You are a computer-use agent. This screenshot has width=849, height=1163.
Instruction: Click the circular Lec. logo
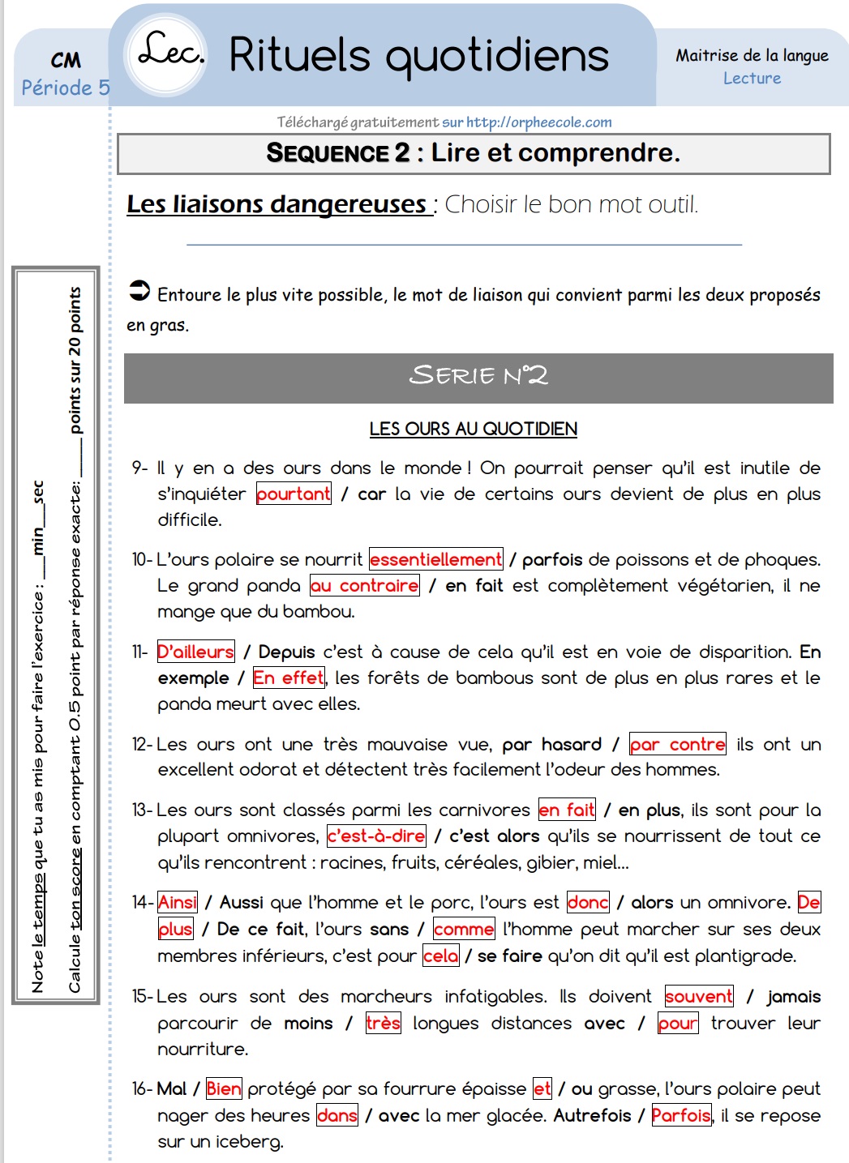pyautogui.click(x=168, y=53)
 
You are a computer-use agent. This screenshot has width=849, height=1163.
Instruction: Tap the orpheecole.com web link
pyautogui.click(x=538, y=122)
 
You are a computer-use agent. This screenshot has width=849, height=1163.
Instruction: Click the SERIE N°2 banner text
pyautogui.click(x=478, y=375)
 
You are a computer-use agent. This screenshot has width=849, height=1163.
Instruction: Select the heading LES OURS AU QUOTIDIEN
pyautogui.click(x=473, y=429)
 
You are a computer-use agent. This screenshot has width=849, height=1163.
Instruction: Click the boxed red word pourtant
pyautogui.click(x=294, y=494)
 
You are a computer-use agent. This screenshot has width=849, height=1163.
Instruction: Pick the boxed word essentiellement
pyautogui.click(x=436, y=559)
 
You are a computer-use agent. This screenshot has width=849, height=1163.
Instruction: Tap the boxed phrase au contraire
pyautogui.click(x=365, y=585)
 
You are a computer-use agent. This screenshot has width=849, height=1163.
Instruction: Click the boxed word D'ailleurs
pyautogui.click(x=195, y=652)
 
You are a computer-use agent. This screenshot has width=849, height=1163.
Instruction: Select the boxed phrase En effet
pyautogui.click(x=289, y=678)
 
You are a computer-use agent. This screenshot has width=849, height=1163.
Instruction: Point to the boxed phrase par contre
pyautogui.click(x=677, y=744)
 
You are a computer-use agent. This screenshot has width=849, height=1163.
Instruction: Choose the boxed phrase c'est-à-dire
pyautogui.click(x=376, y=836)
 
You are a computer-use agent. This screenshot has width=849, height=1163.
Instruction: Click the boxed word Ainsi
pyautogui.click(x=178, y=902)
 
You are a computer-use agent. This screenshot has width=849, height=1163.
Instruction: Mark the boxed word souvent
pyautogui.click(x=699, y=996)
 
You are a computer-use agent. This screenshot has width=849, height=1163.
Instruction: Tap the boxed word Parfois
pyautogui.click(x=681, y=1115)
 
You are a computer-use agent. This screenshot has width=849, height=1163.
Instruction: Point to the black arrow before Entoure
pyautogui.click(x=139, y=291)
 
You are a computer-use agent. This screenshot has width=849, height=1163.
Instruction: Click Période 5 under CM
pyautogui.click(x=65, y=88)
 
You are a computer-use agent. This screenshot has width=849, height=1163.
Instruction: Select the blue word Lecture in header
pyautogui.click(x=752, y=79)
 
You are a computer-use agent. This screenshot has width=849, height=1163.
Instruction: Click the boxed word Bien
pyautogui.click(x=224, y=1088)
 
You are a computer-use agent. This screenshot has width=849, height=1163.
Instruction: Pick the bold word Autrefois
pyautogui.click(x=592, y=1115)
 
